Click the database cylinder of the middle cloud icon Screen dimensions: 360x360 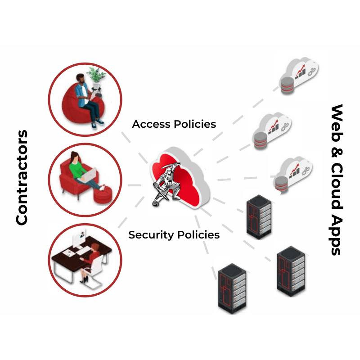pos(260,141)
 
